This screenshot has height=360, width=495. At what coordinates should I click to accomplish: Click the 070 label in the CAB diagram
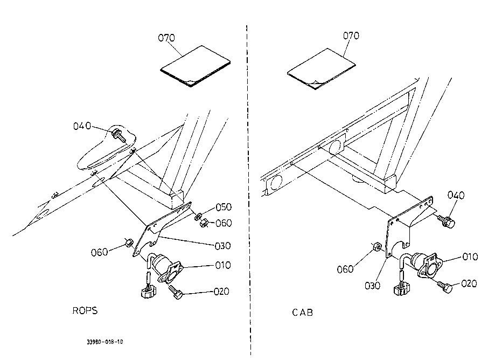click(x=352, y=36)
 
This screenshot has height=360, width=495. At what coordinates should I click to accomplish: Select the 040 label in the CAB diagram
click(x=455, y=195)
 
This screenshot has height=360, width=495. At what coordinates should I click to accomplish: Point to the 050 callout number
click(x=223, y=207)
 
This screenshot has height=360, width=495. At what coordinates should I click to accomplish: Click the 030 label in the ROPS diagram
click(x=222, y=246)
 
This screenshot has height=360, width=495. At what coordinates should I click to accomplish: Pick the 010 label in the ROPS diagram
click(x=222, y=265)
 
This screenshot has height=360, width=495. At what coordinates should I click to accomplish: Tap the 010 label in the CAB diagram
click(x=470, y=257)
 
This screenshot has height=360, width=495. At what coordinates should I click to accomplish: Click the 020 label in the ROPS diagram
click(x=221, y=292)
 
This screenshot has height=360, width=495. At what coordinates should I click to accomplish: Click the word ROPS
click(x=85, y=311)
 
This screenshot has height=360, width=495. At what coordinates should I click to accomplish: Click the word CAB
click(x=303, y=312)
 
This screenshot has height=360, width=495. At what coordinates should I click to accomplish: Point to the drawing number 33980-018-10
click(x=105, y=342)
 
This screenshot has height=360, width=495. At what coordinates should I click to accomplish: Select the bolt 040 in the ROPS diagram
click(x=118, y=134)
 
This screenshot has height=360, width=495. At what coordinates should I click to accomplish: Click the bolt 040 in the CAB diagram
click(x=446, y=221)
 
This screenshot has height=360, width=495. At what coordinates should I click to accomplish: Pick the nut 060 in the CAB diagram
click(x=377, y=248)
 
